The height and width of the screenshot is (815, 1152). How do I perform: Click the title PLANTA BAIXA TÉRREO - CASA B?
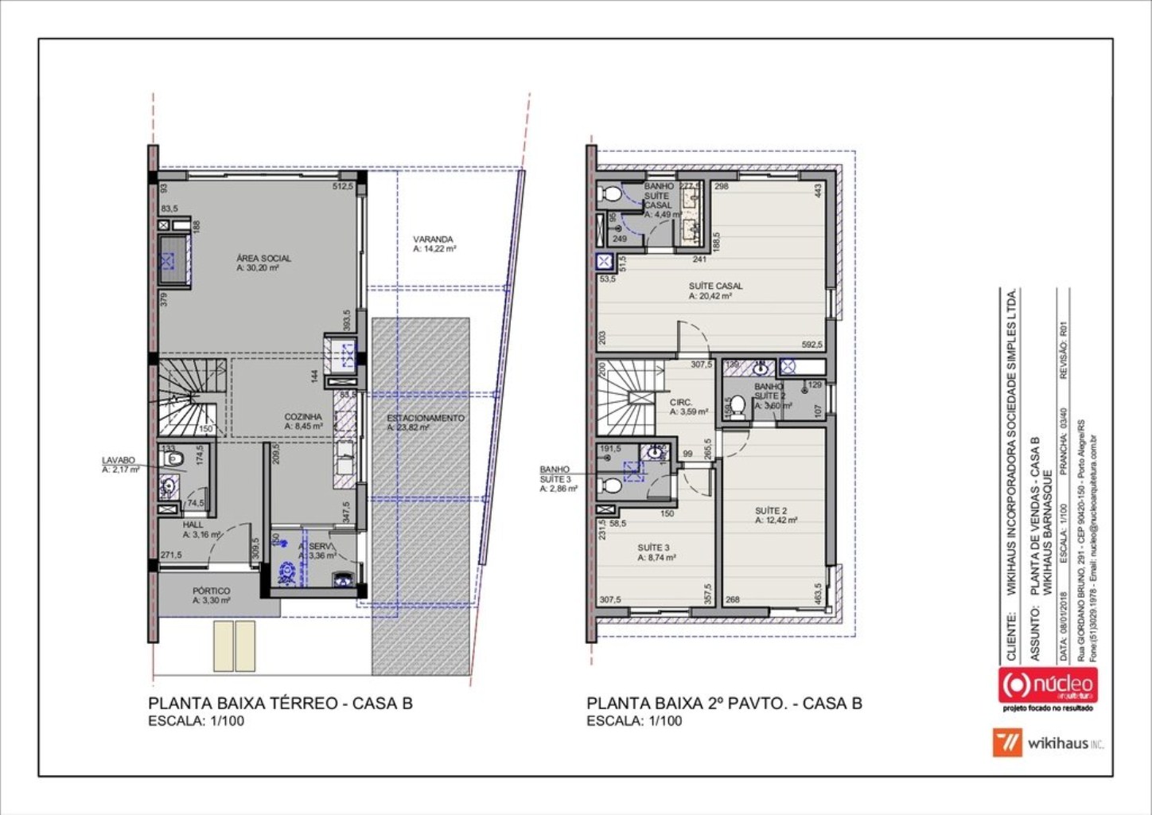[280, 704]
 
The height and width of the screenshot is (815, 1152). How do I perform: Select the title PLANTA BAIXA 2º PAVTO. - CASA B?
[724, 704]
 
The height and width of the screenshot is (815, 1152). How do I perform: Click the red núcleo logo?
[1047, 685]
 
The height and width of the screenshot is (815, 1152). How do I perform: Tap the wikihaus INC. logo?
[1049, 743]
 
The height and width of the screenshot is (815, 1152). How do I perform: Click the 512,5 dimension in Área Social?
[342, 187]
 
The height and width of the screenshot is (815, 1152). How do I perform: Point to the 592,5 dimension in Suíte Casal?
[811, 345]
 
